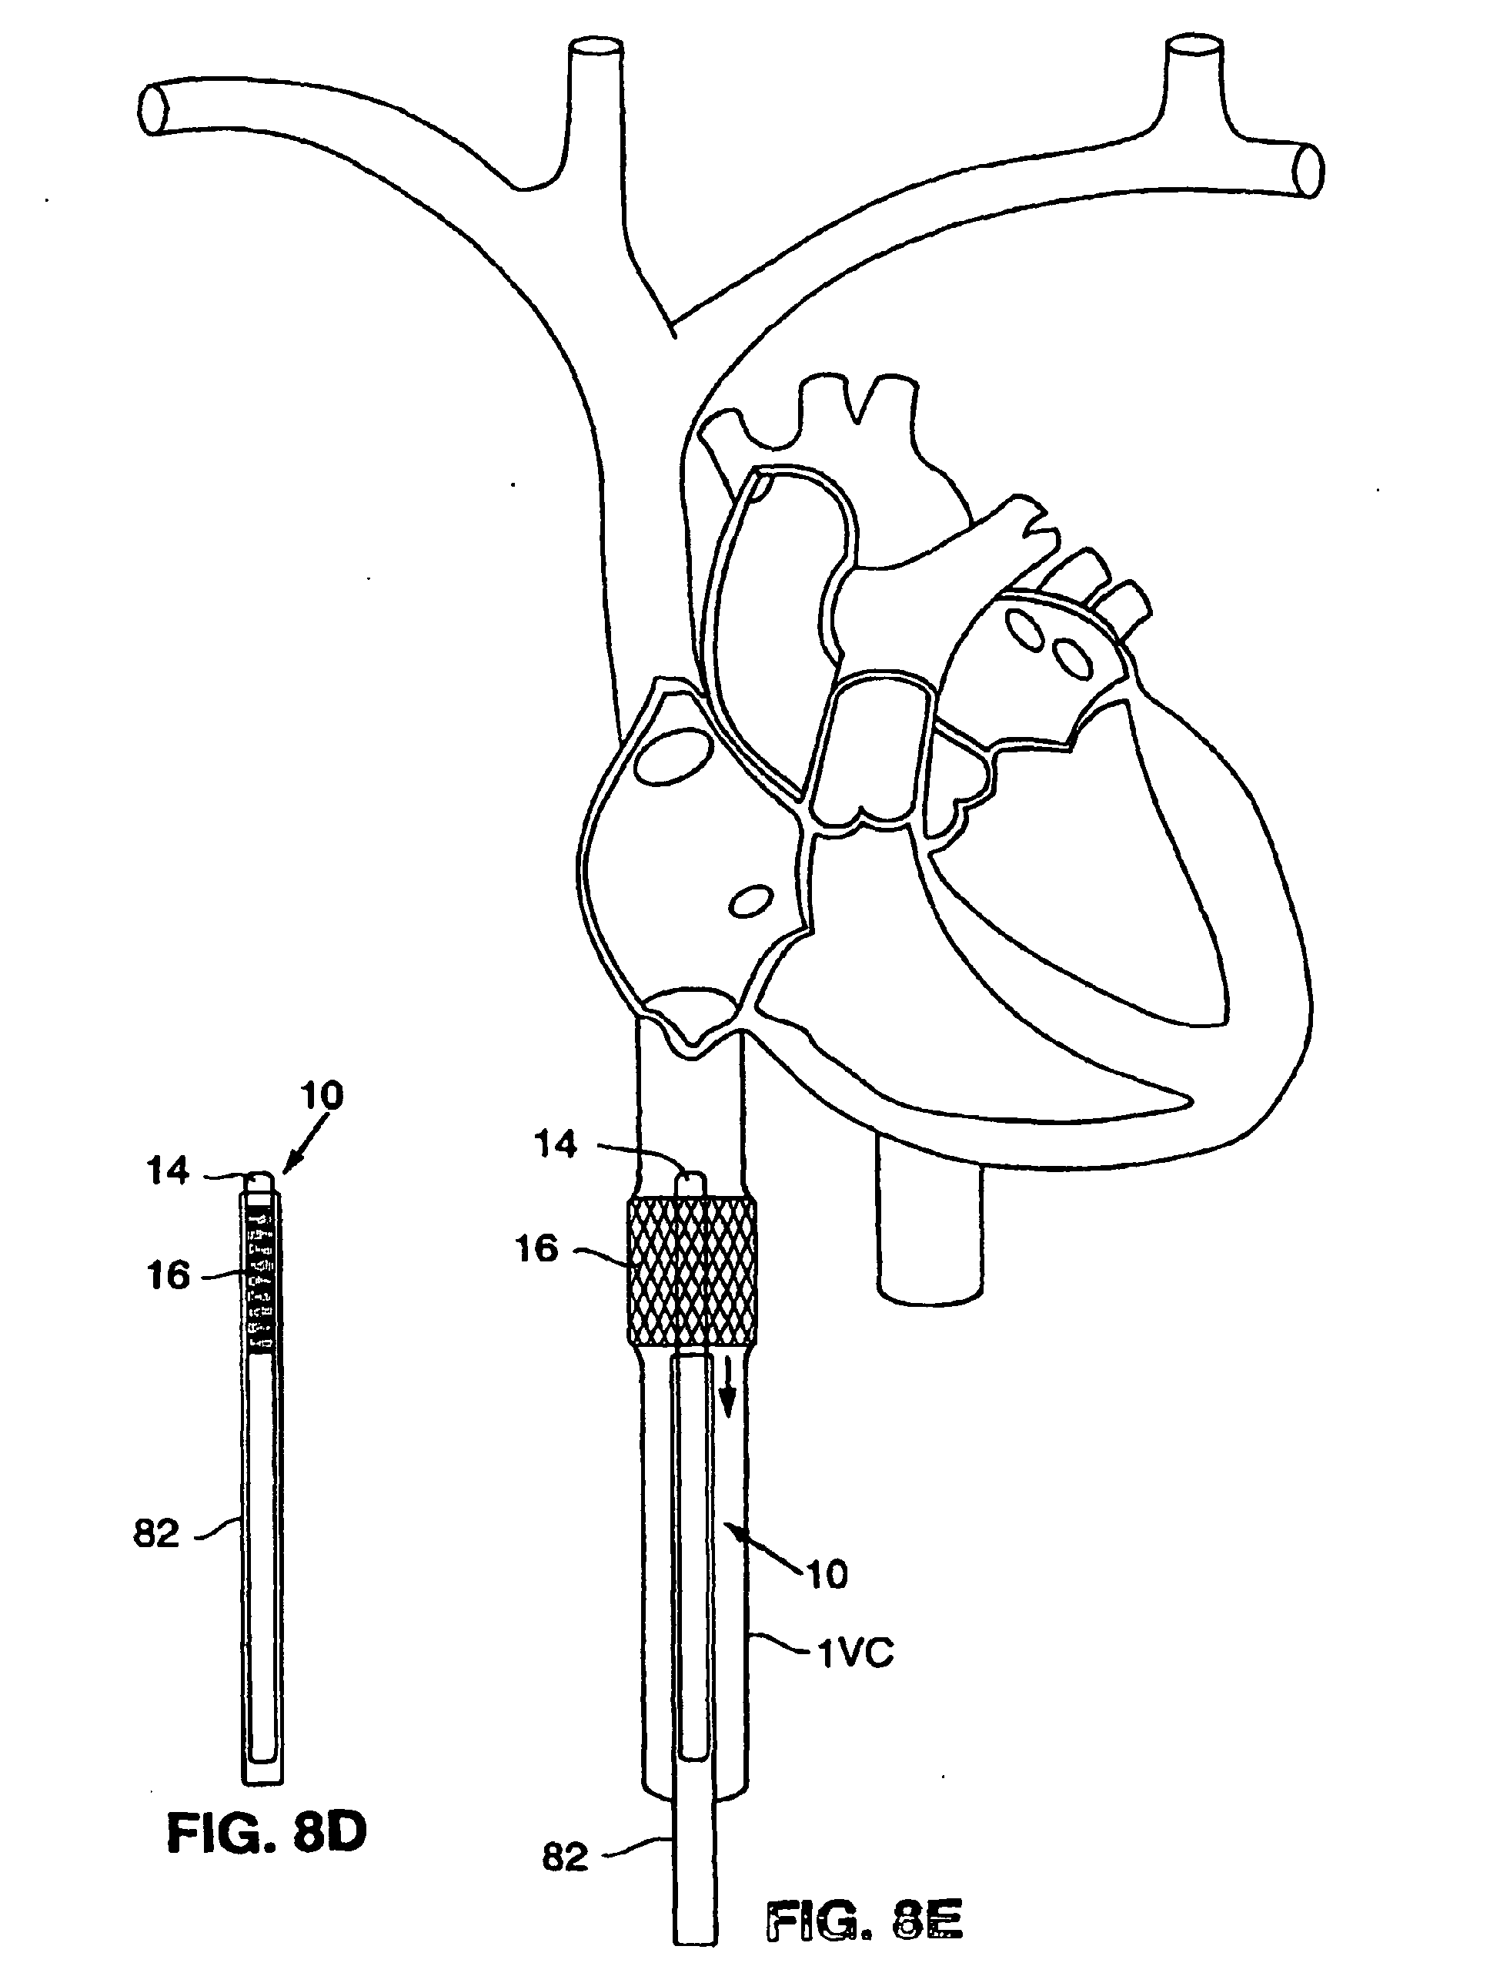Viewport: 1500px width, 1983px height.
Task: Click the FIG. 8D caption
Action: tap(266, 1834)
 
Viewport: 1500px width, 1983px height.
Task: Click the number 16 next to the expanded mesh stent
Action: tap(536, 1249)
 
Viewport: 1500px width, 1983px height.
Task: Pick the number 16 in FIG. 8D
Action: tap(169, 1275)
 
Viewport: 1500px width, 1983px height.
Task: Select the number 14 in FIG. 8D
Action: tap(169, 1170)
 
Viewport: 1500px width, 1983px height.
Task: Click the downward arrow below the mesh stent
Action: tap(730, 1388)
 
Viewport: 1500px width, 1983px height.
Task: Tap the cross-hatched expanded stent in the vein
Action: tap(692, 1271)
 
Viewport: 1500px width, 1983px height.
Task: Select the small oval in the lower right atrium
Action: tap(751, 902)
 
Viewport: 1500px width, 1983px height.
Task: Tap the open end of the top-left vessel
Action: tap(154, 109)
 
